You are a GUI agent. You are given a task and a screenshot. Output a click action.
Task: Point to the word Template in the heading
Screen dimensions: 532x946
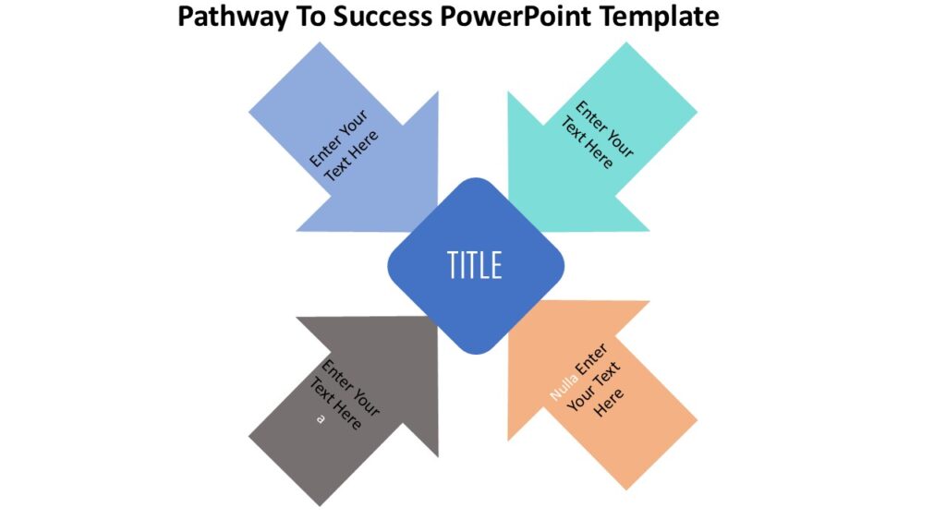659,17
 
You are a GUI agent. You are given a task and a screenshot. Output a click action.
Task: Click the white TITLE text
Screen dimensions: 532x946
475,265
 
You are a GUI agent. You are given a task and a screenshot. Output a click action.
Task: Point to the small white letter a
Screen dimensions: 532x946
321,418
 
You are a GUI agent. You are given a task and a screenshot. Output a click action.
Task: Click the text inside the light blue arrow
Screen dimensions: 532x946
345,145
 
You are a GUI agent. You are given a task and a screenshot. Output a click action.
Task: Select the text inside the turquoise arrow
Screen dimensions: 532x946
598,135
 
